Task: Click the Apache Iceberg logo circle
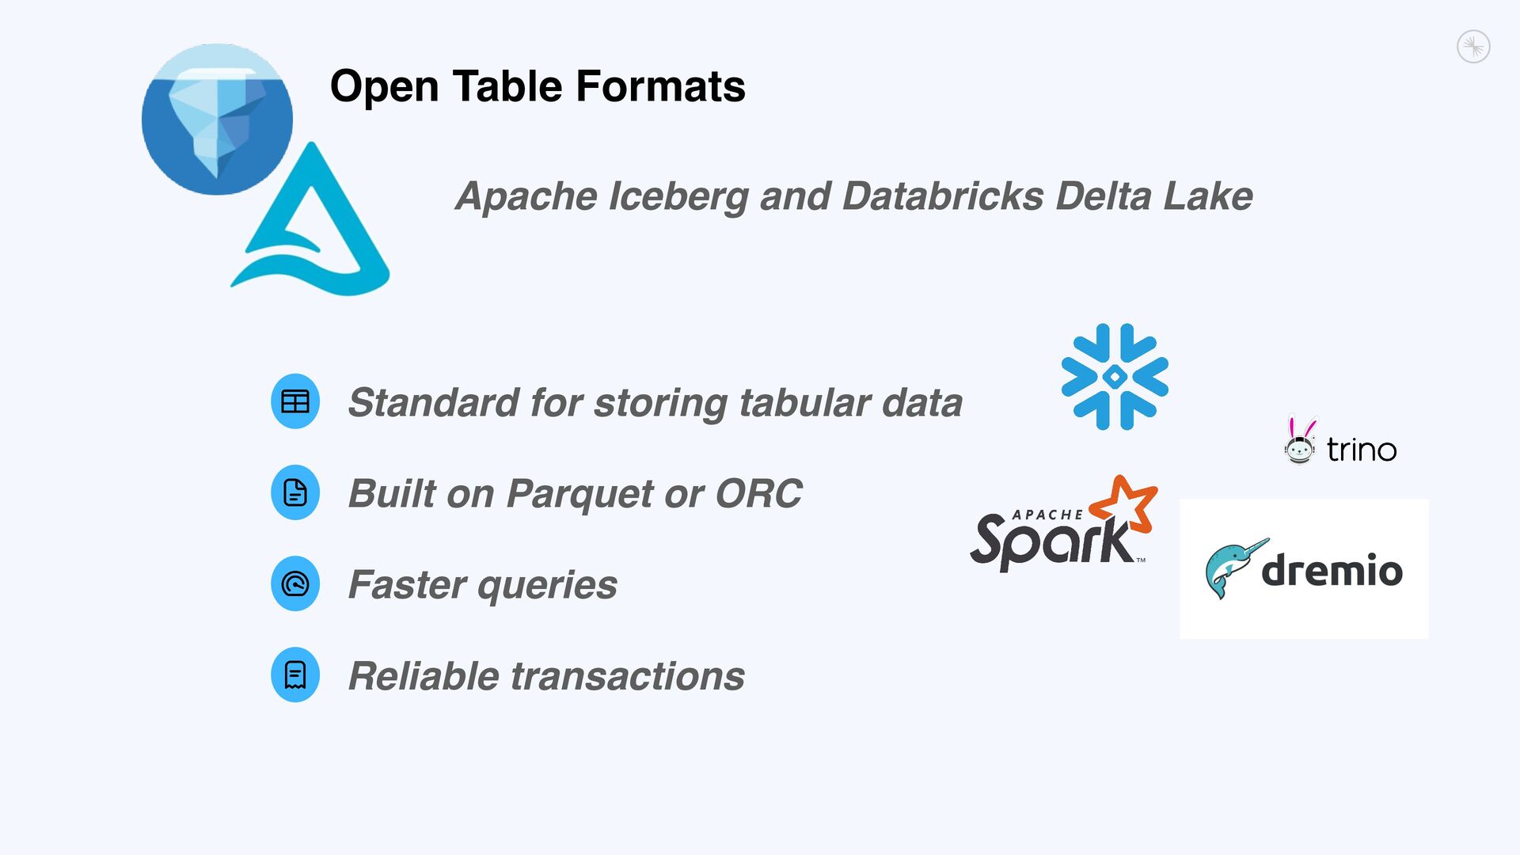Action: (x=217, y=119)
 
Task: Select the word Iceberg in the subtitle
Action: (x=678, y=196)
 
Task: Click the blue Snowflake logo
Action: (x=1115, y=377)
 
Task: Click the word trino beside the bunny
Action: (x=1361, y=450)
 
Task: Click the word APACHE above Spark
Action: (x=1047, y=515)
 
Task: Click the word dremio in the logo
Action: (x=1332, y=570)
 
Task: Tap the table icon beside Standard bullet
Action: (x=295, y=401)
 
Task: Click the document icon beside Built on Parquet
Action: (x=295, y=492)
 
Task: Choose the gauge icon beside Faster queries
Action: (x=295, y=584)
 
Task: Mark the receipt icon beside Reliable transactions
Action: (x=295, y=675)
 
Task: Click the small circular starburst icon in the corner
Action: (x=1473, y=47)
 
